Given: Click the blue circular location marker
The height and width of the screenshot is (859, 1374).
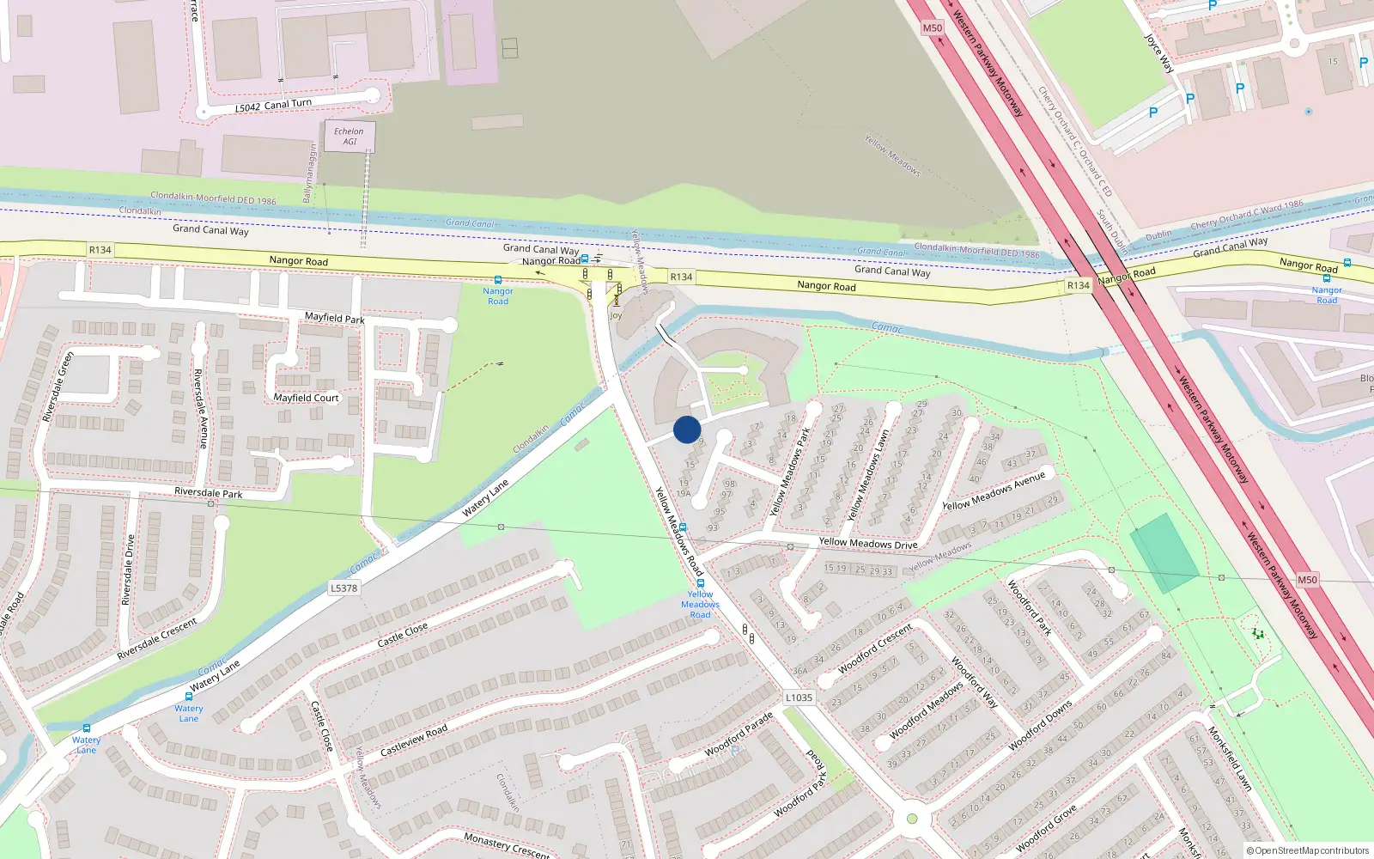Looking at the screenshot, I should (x=687, y=429).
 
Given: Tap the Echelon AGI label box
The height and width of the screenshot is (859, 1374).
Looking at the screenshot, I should (x=350, y=137).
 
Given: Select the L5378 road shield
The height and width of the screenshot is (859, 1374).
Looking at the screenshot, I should (x=343, y=588).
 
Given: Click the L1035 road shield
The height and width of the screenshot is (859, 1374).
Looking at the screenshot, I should (x=799, y=698).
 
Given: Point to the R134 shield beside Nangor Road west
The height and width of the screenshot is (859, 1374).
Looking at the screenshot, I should (x=100, y=250).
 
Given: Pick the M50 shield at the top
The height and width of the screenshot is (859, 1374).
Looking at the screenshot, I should (x=932, y=27).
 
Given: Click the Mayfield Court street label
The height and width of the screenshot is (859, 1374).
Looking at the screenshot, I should (x=306, y=398).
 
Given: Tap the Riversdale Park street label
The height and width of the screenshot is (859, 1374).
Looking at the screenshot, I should (x=208, y=493).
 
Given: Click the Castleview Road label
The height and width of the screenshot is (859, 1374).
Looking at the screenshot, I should (x=414, y=740).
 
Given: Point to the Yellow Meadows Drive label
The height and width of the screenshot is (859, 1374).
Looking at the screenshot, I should (x=867, y=543).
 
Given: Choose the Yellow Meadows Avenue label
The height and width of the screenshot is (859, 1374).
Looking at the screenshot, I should (x=994, y=490).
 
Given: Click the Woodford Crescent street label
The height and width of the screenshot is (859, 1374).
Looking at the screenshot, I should (x=875, y=648).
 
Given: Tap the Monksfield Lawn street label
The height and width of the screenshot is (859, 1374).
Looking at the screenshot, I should (x=1230, y=758).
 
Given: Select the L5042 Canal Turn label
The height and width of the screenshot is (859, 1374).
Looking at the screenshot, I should (x=274, y=106).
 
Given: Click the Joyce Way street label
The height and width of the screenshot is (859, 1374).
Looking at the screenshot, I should (x=1158, y=53).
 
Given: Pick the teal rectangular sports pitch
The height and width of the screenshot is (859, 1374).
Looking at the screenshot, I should (x=1164, y=553).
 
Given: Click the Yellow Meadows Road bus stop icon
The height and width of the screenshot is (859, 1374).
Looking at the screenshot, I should (x=701, y=583).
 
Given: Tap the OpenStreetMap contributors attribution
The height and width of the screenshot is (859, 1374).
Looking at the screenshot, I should (x=1308, y=850).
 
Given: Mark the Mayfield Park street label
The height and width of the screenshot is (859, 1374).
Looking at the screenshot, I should (x=334, y=318).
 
